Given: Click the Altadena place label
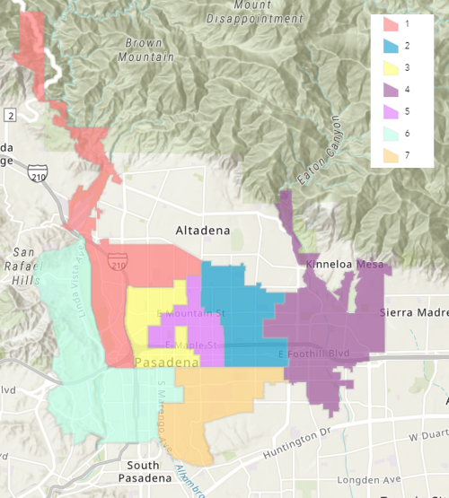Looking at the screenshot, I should point(203,231).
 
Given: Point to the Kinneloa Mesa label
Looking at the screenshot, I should point(345,265).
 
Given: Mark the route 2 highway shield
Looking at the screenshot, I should point(9,115).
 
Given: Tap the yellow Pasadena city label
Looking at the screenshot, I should point(166,362).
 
